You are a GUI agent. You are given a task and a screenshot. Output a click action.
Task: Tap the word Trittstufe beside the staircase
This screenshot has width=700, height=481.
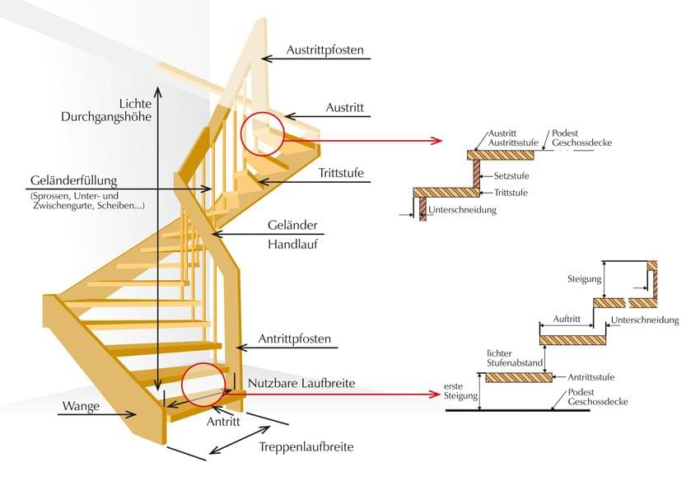pyautogui.click(x=341, y=174)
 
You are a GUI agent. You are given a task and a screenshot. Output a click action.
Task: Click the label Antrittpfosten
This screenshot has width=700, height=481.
pyautogui.click(x=295, y=339)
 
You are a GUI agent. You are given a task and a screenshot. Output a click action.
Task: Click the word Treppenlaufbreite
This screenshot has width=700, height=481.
pyautogui.click(x=306, y=447)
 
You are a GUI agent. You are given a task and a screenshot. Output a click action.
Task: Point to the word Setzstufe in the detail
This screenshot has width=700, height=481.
pyautogui.click(x=512, y=176)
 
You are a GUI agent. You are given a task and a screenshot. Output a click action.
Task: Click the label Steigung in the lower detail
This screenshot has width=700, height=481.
pyautogui.click(x=585, y=278)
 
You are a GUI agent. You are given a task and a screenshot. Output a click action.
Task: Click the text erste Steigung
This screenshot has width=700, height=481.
pyautogui.click(x=460, y=391)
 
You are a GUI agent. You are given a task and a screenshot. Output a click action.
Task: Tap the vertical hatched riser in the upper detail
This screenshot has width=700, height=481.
pyautogui.click(x=476, y=173)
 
